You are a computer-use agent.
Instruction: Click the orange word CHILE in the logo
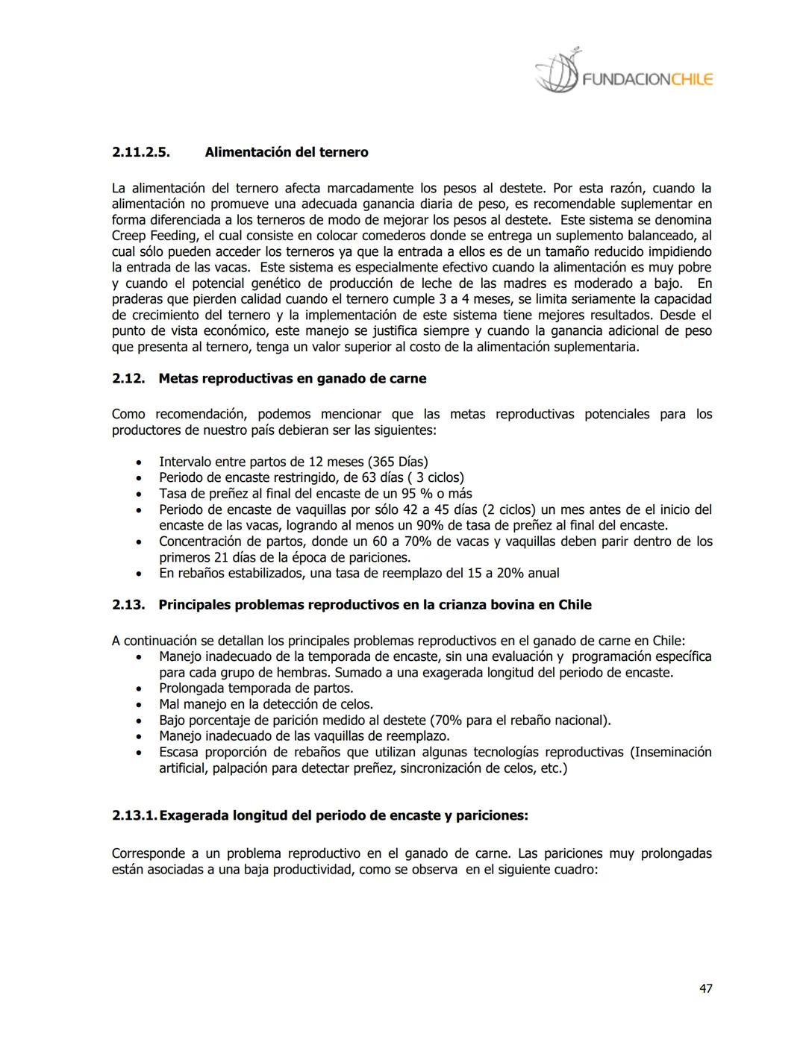(x=692, y=79)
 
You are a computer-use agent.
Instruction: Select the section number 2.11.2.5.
(x=141, y=152)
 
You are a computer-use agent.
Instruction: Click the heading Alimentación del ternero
(x=287, y=152)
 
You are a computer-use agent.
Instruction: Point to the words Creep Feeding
(x=147, y=236)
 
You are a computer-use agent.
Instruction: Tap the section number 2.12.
(x=128, y=378)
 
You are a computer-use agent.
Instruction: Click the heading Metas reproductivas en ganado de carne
(x=293, y=378)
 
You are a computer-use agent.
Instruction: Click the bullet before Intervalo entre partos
(x=140, y=462)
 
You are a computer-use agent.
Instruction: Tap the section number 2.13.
(x=128, y=604)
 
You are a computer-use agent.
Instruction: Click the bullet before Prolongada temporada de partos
(x=140, y=688)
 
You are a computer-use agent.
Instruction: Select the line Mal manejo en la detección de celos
(x=266, y=704)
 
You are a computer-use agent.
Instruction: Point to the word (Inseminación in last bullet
(x=671, y=752)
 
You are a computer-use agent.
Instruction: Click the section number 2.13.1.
(x=134, y=815)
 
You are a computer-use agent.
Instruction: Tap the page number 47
(x=705, y=988)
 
